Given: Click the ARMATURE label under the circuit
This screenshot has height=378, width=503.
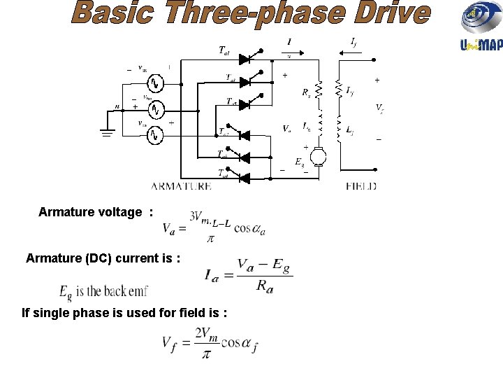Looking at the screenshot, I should [181, 187].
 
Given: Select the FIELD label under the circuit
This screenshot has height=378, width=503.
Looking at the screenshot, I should [361, 187].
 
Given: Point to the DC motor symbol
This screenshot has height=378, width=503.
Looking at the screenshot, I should [319, 155].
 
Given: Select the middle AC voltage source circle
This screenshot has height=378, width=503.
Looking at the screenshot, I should [157, 110].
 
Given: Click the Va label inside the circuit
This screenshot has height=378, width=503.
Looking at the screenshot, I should [287, 128].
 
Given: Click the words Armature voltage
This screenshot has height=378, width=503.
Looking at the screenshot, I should [89, 212].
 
